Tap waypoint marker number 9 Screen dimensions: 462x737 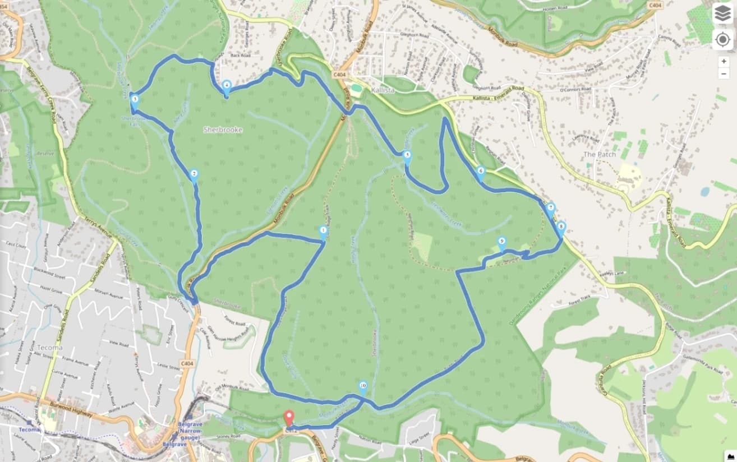pyautogui.click(x=502, y=243)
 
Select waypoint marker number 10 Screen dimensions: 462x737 pyautogui.click(x=363, y=387)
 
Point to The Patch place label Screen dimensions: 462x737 pyautogui.click(x=599, y=154)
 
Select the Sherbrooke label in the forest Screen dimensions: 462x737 pyautogui.click(x=223, y=130)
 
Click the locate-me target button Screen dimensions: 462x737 pyautogui.click(x=722, y=40)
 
